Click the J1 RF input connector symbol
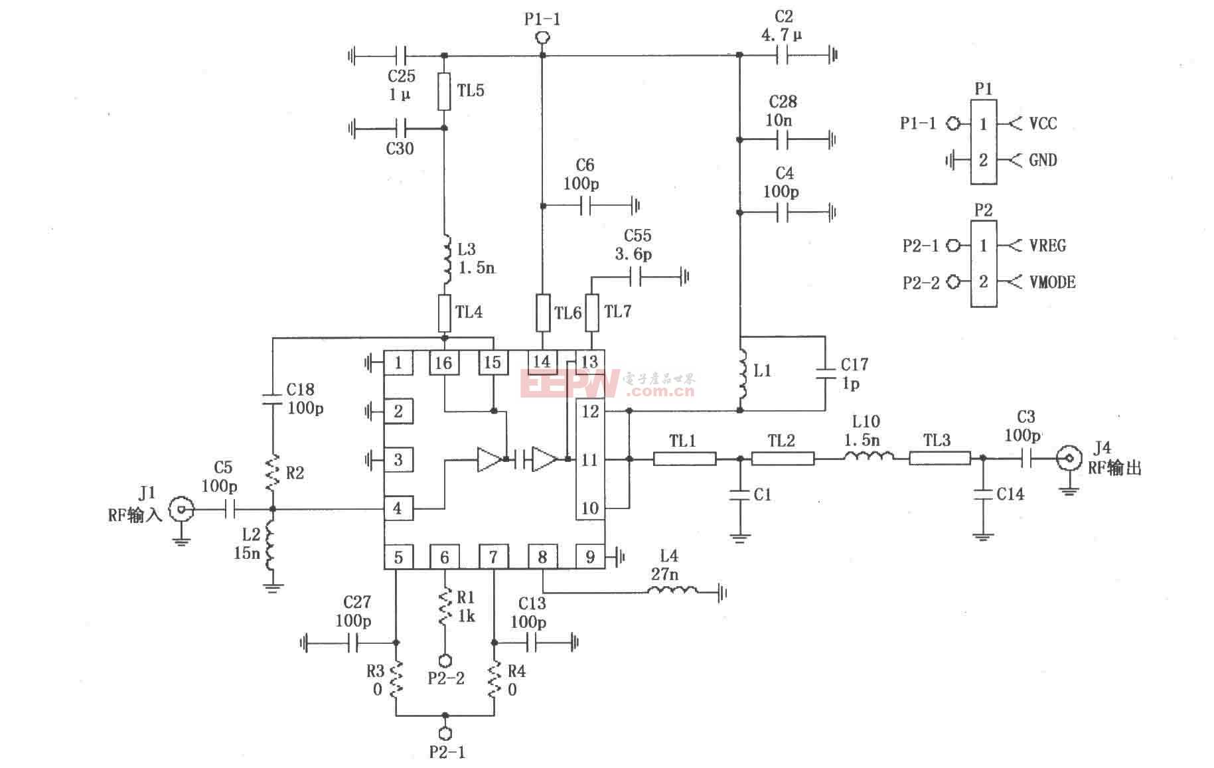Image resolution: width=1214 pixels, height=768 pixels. click(x=181, y=510)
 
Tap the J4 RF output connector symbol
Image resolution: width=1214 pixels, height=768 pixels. click(x=1068, y=458)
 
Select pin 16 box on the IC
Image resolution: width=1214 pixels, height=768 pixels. click(x=443, y=362)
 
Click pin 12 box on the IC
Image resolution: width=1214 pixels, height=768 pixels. click(x=589, y=411)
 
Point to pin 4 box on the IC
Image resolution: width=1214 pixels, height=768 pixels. click(x=398, y=509)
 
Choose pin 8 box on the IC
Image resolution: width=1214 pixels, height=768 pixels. click(x=542, y=557)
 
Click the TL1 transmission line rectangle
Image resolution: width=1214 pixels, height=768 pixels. click(x=684, y=458)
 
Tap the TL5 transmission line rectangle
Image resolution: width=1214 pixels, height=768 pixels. click(x=444, y=91)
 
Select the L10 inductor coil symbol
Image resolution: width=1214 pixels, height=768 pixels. click(x=869, y=457)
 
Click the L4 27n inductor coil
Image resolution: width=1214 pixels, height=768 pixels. click(x=672, y=590)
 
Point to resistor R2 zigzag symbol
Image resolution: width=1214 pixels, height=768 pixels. click(x=272, y=472)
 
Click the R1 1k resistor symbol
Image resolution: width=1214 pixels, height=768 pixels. click(x=445, y=607)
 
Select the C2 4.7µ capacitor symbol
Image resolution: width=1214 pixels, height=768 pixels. click(x=783, y=56)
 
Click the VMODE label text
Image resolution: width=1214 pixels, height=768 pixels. click(x=1052, y=282)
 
